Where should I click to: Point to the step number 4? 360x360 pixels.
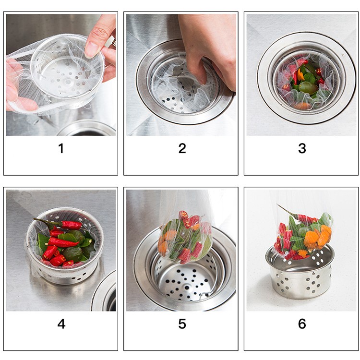[x=61, y=324]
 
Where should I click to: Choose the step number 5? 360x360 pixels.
[x=182, y=324]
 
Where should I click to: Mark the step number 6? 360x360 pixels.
[x=302, y=324]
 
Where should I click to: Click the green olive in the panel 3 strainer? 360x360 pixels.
[x=307, y=88]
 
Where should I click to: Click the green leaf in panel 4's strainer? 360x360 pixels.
[x=70, y=238]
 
